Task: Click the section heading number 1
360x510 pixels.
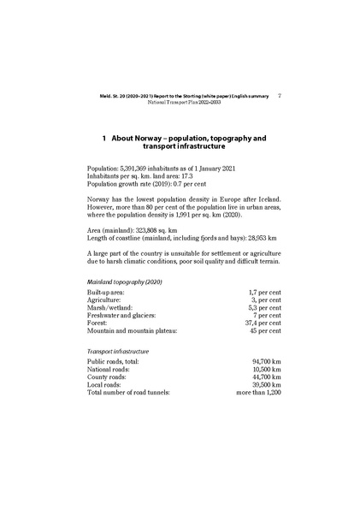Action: click(x=103, y=137)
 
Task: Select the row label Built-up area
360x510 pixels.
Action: click(x=110, y=294)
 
